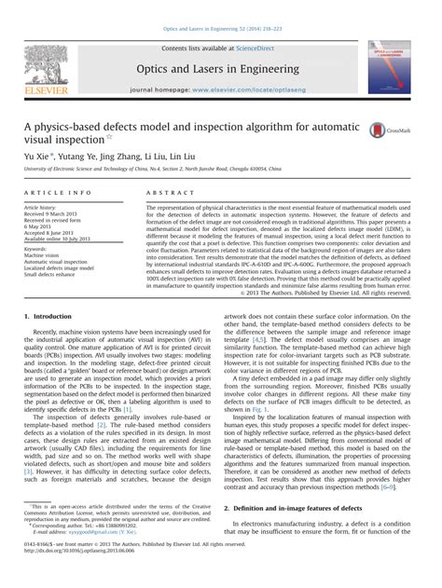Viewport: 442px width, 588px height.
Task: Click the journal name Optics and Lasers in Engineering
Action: click(x=220, y=68)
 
